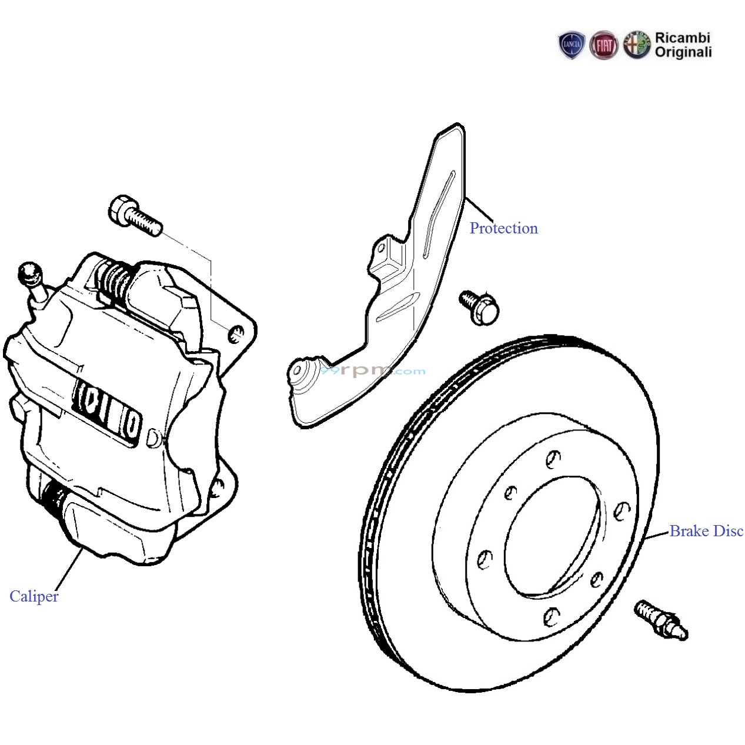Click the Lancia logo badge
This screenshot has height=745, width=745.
[x=572, y=45]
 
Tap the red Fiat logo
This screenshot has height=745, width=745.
[x=604, y=45]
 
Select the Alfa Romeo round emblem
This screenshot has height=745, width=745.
[x=636, y=45]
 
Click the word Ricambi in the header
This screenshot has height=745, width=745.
[x=683, y=38]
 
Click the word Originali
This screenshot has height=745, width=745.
[x=683, y=53]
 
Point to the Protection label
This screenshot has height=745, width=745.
[x=503, y=228]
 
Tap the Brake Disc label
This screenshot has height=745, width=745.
[x=706, y=531]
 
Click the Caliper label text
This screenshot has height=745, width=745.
[x=34, y=596]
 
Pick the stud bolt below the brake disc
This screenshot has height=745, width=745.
[x=661, y=620]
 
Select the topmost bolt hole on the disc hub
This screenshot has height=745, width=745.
[x=553, y=457]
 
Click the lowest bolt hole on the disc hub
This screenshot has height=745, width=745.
[x=552, y=616]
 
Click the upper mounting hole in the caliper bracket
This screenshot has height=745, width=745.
[x=236, y=333]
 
